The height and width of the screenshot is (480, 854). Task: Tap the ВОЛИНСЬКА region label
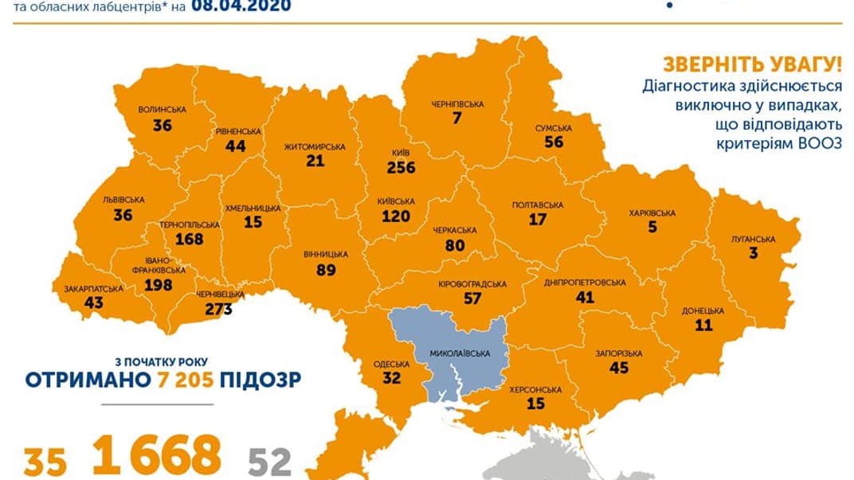[162, 110]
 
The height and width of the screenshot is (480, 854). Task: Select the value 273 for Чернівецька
[217, 309]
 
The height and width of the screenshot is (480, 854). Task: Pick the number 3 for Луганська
[752, 253]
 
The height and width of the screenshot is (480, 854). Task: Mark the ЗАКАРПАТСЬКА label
[88, 288]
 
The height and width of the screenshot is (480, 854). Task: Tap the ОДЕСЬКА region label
[391, 365]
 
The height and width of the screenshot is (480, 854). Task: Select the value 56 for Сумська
[553, 142]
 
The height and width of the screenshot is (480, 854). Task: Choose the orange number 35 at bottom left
[45, 462]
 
